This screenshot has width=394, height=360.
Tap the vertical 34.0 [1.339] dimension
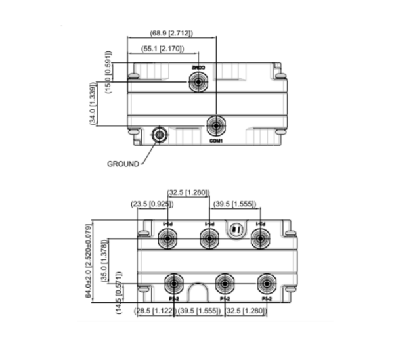[94, 103]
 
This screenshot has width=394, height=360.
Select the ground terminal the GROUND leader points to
[159, 135]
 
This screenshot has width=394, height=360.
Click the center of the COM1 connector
[216, 125]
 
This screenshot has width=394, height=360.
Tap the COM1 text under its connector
[216, 141]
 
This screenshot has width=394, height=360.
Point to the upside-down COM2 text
[198, 67]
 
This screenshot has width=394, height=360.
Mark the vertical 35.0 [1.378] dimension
[104, 261]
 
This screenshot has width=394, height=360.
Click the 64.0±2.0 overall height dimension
[89, 261]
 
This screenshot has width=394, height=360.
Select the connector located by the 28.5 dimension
[173, 284]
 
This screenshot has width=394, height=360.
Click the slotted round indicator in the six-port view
[236, 229]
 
